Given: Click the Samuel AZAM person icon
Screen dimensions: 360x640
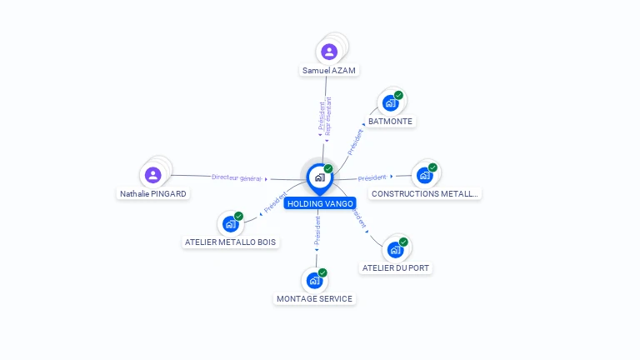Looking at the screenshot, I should point(329,52).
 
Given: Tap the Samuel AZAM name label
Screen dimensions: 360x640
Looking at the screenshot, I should point(329,71).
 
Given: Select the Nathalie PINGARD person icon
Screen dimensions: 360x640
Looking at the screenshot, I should point(152,175).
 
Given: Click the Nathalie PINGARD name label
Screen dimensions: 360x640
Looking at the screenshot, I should point(153,193).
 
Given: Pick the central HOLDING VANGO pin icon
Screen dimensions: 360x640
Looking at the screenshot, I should point(318,177).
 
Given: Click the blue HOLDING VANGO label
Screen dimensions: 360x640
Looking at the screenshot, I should point(320,203).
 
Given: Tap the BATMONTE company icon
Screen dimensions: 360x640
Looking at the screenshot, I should point(389,104).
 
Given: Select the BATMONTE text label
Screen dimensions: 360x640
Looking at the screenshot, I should point(390,122).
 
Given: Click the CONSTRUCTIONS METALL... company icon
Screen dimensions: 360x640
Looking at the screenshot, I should point(424,175).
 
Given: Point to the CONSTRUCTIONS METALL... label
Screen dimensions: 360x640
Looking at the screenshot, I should point(425,193).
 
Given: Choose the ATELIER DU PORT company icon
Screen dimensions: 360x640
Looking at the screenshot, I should point(395,249).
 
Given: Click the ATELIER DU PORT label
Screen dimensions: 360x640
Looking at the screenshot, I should point(397,268).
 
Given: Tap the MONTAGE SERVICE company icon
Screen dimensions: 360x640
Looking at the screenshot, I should point(314,280).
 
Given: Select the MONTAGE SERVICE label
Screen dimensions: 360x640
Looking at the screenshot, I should point(314,298).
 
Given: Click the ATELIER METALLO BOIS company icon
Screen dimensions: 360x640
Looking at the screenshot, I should point(230,224).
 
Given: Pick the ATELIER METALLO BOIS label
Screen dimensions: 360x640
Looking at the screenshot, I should point(230,242).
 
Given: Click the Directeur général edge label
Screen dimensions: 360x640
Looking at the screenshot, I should point(237,177).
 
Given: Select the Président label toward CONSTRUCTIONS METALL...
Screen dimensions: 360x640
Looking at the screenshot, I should point(372,177).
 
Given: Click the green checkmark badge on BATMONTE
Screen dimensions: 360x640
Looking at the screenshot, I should point(398,95).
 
